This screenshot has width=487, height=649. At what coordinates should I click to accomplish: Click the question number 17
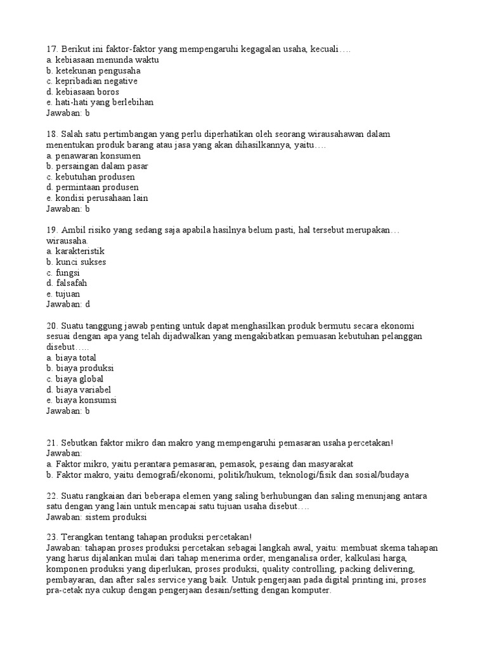pyautogui.click(x=52, y=49)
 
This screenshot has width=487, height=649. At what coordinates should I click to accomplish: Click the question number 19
pyautogui.click(x=52, y=230)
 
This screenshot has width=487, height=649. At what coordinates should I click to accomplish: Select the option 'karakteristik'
pyautogui.click(x=79, y=251)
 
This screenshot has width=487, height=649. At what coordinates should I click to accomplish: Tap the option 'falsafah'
pyautogui.click(x=71, y=283)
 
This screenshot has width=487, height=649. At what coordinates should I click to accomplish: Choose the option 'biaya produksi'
pyautogui.click(x=84, y=368)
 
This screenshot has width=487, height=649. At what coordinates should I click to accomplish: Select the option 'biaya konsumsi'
pyautogui.click(x=86, y=400)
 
